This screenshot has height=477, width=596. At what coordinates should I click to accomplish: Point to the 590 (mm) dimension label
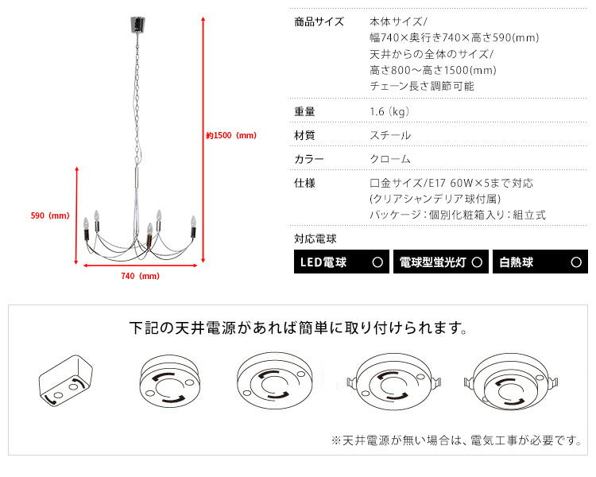[x=49, y=215]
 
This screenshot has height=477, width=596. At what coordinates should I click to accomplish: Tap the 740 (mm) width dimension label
[x=140, y=277]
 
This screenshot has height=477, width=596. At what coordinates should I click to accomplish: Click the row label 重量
[x=304, y=111]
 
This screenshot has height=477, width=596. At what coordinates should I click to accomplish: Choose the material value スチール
[x=390, y=135]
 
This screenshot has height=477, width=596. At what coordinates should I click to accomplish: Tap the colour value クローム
[x=390, y=159]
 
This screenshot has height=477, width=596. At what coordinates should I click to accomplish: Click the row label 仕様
[x=304, y=183]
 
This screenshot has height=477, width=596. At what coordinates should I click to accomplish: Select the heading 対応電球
[x=315, y=238]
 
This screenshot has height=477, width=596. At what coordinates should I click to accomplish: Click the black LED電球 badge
[x=341, y=262]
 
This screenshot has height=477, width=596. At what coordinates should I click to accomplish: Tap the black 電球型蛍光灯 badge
[x=439, y=262]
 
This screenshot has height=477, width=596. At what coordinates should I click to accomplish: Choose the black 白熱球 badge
[x=540, y=262]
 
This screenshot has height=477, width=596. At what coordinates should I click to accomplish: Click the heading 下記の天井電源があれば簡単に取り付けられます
[x=297, y=328]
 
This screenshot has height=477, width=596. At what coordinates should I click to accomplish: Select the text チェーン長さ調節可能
[x=421, y=86]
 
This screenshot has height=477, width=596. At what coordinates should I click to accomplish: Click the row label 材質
[x=304, y=135]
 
